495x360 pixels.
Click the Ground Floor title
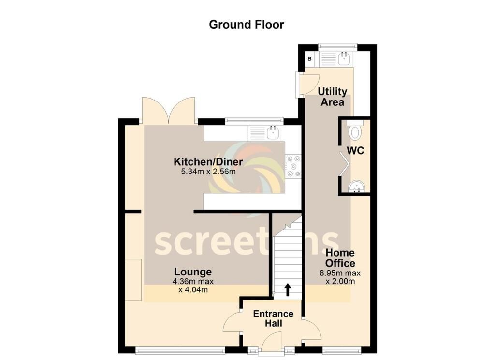click(x=246, y=24)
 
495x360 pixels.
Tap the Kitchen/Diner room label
click(x=208, y=162)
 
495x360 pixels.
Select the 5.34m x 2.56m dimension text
click(x=208, y=172)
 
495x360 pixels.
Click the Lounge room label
click(x=193, y=272)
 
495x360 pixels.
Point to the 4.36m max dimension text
click(x=193, y=281)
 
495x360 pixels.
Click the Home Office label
click(x=340, y=258)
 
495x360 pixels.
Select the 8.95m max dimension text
click(x=340, y=273)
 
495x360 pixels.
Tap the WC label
click(x=355, y=151)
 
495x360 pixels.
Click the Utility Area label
click(x=333, y=97)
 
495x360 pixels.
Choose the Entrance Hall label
click(x=274, y=318)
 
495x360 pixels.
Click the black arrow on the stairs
click(x=288, y=289)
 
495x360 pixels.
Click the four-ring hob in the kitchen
click(x=293, y=166)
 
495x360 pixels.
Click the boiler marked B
click(x=310, y=58)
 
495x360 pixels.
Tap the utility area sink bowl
click(x=344, y=58)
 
